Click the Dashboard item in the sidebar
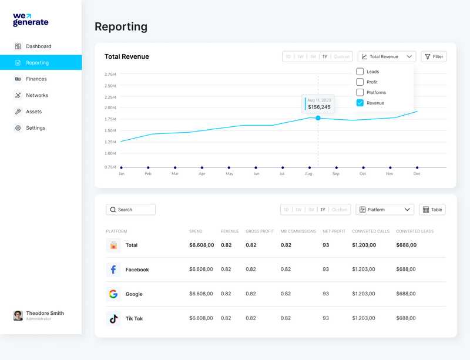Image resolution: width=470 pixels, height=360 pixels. [38, 46]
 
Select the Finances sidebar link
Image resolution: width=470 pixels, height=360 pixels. [36, 79]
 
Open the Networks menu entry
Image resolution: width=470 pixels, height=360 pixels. [36, 95]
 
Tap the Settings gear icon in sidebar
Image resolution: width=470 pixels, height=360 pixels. [18, 128]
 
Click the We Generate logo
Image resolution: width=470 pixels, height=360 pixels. [31, 20]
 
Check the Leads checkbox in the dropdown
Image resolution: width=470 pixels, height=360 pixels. [360, 72]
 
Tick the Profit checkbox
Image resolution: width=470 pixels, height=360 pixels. [360, 82]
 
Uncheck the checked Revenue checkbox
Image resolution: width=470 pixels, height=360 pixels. [360, 103]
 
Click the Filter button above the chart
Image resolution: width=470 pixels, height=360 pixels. [434, 56]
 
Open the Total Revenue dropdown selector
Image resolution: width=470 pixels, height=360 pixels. [387, 56]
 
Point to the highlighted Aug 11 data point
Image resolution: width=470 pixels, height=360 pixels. [318, 118]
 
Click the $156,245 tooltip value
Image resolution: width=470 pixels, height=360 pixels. [319, 107]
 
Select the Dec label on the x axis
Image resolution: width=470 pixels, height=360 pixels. [417, 174]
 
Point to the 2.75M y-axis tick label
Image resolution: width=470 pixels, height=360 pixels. [110, 75]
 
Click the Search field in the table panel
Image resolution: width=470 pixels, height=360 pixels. [130, 210]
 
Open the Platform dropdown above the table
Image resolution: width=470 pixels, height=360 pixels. [385, 210]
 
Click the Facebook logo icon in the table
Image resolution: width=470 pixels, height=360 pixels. [113, 270]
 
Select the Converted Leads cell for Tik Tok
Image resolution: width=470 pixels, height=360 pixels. [406, 318]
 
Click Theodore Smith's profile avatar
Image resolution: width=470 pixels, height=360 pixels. [18, 315]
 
